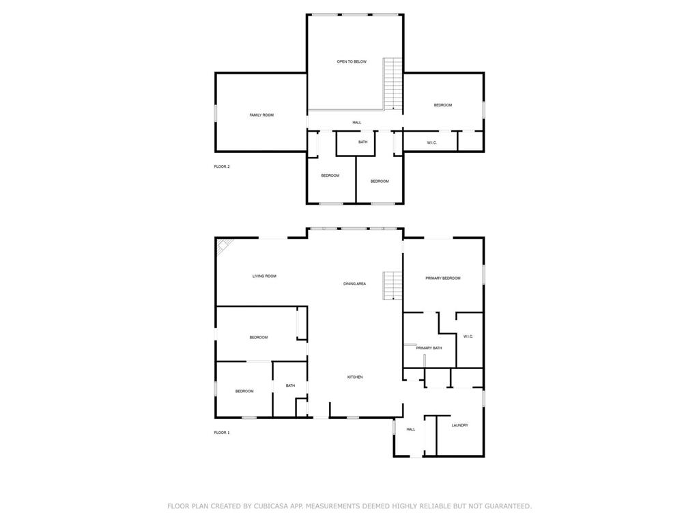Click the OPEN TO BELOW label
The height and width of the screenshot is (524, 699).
click(x=352, y=61)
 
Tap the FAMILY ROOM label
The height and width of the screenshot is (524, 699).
click(x=261, y=115)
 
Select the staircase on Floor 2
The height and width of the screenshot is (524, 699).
click(x=393, y=83)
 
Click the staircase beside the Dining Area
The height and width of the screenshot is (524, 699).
click(x=393, y=286)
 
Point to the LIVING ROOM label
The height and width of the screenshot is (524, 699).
click(x=264, y=276)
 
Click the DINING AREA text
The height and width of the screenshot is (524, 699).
click(x=355, y=284)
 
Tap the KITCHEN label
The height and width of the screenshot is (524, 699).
click(x=355, y=377)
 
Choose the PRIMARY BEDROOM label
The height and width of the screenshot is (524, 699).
click(x=443, y=278)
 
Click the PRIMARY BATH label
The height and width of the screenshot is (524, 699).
click(x=429, y=348)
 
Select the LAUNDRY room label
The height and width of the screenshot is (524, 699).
click(x=460, y=425)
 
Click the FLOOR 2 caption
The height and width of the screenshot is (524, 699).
click(x=222, y=166)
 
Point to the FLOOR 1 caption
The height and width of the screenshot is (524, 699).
click(x=222, y=433)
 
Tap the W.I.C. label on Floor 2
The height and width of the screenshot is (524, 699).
click(x=432, y=143)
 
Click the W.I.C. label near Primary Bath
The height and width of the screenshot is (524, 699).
click(x=468, y=336)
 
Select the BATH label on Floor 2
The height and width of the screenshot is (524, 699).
click(x=363, y=142)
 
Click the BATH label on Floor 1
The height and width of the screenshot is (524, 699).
click(x=290, y=385)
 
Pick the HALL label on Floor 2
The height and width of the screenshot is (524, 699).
click(x=357, y=122)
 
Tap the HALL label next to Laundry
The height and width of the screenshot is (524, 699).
click(x=411, y=429)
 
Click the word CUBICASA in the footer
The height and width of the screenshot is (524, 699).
click(x=269, y=506)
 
